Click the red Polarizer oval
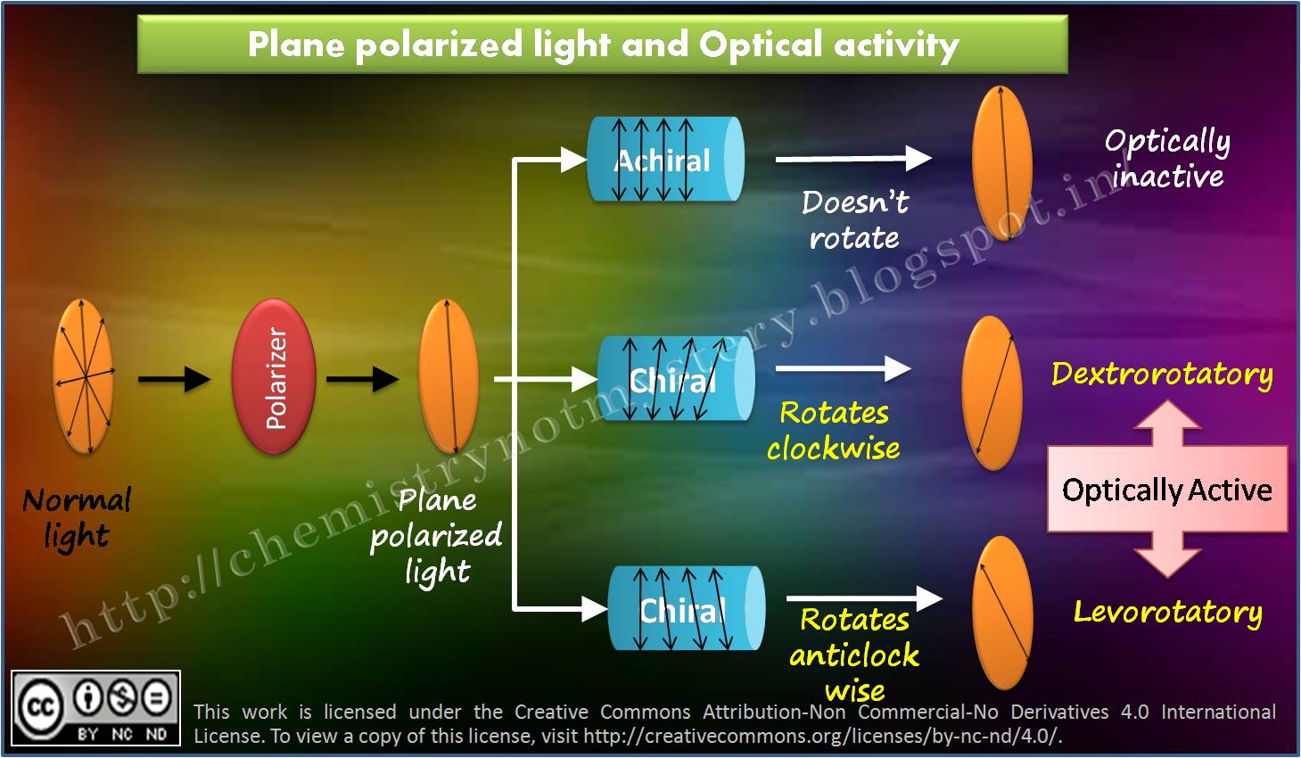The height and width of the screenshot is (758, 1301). pos(274,378)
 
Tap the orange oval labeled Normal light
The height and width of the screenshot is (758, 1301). pos(84,377)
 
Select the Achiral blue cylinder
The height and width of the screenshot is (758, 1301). pos(665,160)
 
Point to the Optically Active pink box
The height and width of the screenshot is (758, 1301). pos(1166,490)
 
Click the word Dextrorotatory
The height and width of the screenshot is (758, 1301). pos(1161,374)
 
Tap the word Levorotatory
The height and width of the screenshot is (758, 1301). pos(1167,612)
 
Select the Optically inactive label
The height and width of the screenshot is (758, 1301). pos(1167,158)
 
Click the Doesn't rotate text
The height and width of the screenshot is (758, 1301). pos(854,220)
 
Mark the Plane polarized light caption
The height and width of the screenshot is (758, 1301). pos(437,535)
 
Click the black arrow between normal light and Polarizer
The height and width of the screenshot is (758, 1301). pos(174,379)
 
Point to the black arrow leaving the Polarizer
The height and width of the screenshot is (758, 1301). pos(362,379)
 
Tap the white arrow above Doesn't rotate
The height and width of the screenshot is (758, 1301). pos(852,159)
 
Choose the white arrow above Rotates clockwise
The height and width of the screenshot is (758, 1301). pos(843,368)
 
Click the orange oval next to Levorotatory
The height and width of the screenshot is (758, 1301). pos(1003,613)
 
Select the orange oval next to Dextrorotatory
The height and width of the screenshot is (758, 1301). pos(992,393)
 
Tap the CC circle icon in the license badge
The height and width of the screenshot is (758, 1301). pos(39,707)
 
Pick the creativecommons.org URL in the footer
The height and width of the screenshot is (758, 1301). pos(820,737)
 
